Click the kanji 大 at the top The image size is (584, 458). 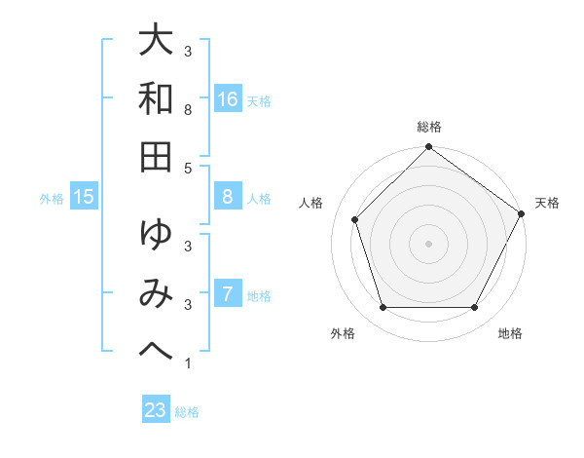click(x=155, y=43)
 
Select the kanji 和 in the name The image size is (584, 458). click(x=155, y=98)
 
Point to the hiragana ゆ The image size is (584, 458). click(x=155, y=236)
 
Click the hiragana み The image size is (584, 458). click(x=155, y=293)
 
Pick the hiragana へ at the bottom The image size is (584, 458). click(x=155, y=349)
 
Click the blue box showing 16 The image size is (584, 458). click(x=228, y=99)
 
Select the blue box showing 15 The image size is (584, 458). click(x=84, y=198)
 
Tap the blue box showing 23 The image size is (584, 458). click(x=155, y=410)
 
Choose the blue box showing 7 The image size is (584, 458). click(x=227, y=293)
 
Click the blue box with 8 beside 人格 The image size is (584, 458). click(x=227, y=197)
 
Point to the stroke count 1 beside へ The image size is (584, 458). click(x=188, y=364)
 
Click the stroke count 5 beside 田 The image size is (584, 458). click(x=188, y=169)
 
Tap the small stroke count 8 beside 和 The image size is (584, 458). click(x=188, y=112)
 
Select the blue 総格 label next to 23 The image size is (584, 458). click(x=187, y=412)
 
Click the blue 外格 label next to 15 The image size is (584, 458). click(x=52, y=199)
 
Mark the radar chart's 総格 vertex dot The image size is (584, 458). click(x=428, y=148)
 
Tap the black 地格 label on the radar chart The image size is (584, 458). click(x=510, y=334)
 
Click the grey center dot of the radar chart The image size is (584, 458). click(x=428, y=244)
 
